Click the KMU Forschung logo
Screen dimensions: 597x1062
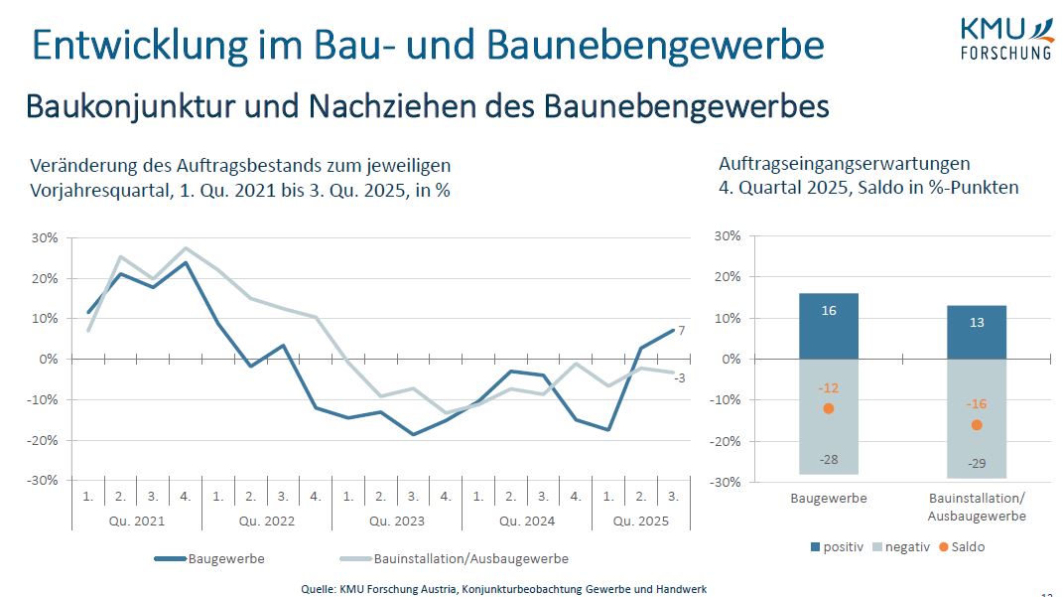[x=1004, y=38]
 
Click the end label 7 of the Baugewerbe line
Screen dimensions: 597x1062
[x=682, y=330]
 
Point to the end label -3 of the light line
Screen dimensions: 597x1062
[x=682, y=376]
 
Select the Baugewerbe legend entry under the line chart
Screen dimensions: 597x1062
[x=210, y=558]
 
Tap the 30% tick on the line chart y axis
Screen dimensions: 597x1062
[x=44, y=237]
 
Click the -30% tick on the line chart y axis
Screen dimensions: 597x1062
[x=44, y=480]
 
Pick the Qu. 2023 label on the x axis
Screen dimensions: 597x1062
[x=397, y=521]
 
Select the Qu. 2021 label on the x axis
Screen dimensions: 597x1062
[x=137, y=521]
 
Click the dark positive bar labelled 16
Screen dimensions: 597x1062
[x=829, y=326]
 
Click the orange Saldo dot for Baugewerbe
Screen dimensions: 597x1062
[x=829, y=408]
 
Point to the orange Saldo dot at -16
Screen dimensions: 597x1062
[x=976, y=424]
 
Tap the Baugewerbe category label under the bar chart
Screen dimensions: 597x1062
[x=829, y=499]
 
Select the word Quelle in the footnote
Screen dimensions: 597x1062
[x=318, y=589]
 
